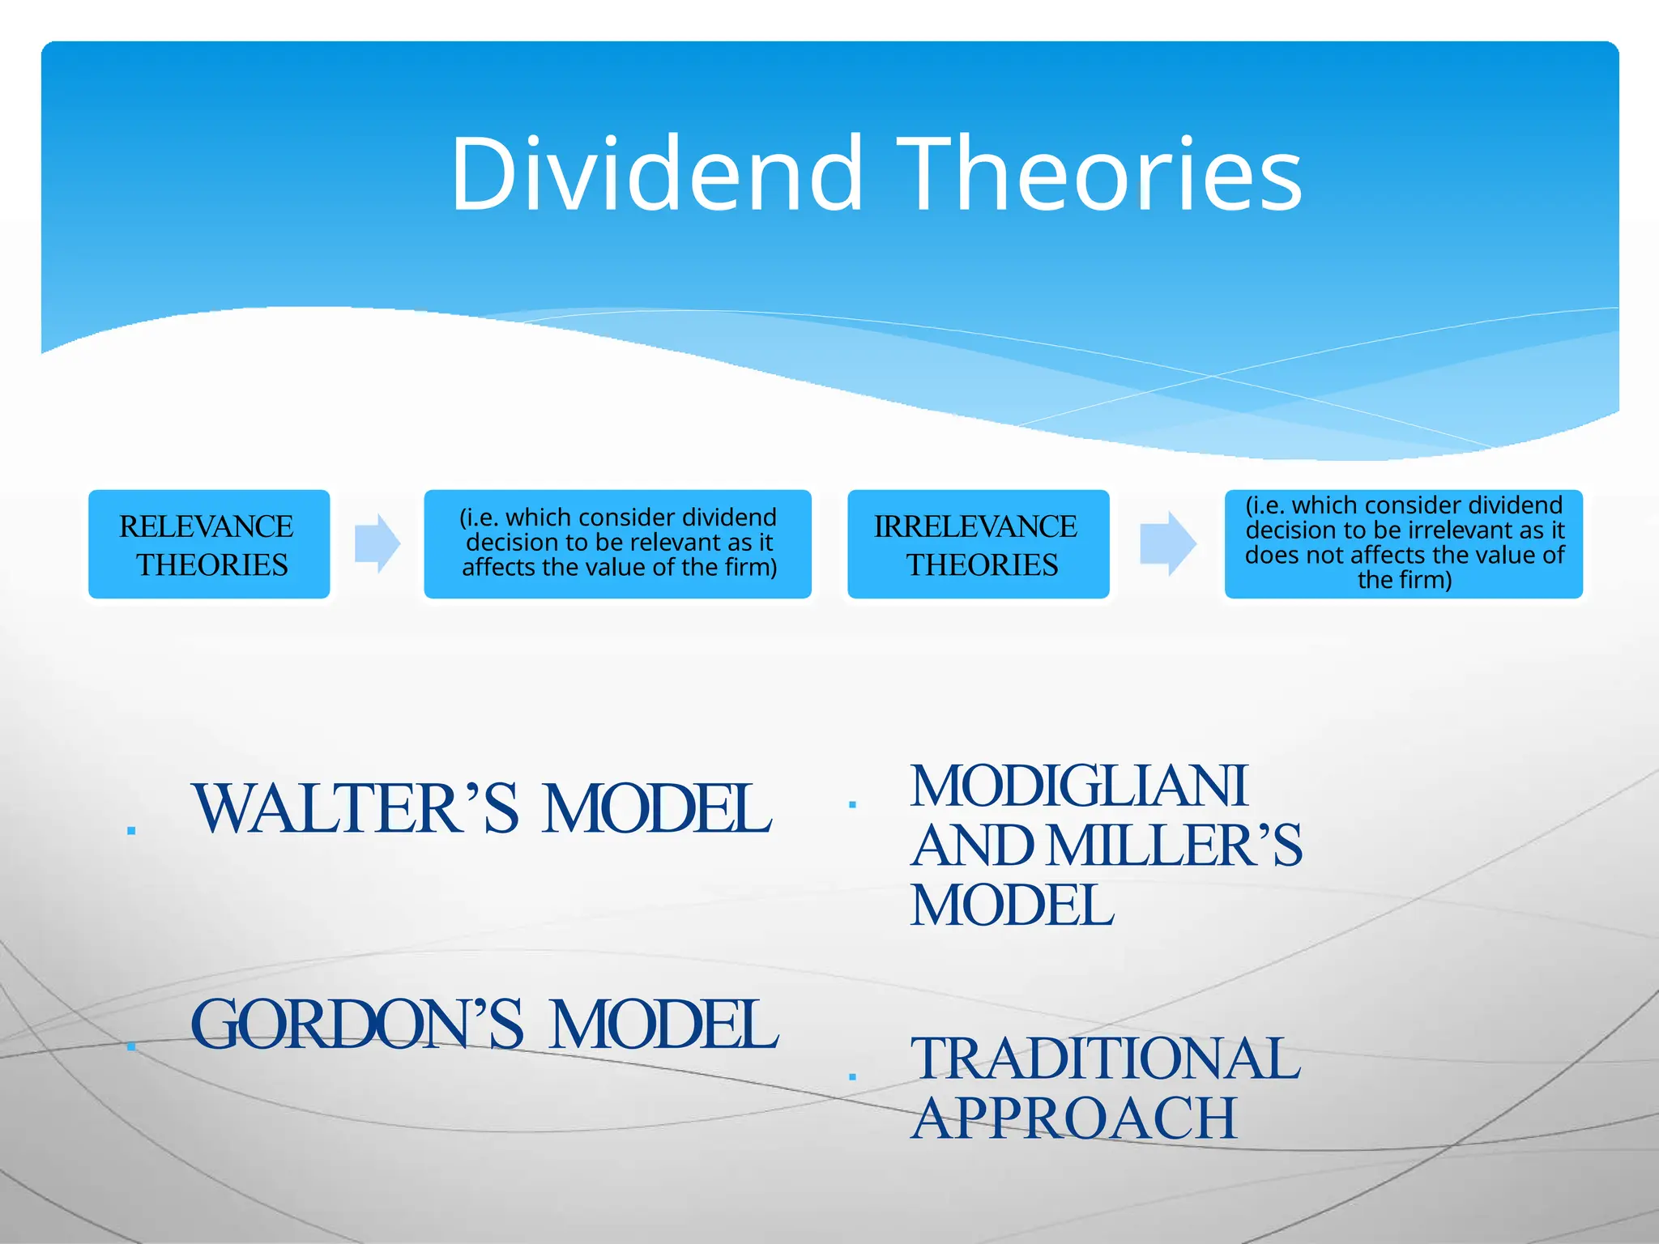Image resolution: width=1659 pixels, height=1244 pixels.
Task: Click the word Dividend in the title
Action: [656, 174]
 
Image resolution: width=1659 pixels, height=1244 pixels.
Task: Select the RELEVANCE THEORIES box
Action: [209, 544]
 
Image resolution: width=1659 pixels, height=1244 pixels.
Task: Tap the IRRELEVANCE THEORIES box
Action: [978, 544]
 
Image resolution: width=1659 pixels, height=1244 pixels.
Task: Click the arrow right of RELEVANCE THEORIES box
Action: [377, 543]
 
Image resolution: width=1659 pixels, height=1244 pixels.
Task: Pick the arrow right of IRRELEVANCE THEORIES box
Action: [1167, 543]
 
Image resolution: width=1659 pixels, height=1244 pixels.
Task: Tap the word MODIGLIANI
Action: [1078, 786]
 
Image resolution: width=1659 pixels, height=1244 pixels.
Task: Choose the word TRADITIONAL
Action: [1105, 1059]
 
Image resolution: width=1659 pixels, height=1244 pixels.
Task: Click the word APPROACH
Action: [1074, 1118]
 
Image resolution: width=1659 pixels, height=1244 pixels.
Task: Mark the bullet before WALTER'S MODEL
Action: [131, 830]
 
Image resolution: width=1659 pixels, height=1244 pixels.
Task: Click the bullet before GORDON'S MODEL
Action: [131, 1046]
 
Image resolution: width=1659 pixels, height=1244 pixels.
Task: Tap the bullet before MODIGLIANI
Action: [852, 804]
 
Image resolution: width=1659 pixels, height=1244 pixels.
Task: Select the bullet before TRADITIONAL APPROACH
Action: [852, 1076]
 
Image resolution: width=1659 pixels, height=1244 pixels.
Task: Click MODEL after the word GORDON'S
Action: [663, 1025]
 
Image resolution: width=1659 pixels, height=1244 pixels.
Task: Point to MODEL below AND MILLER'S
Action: [1012, 905]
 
